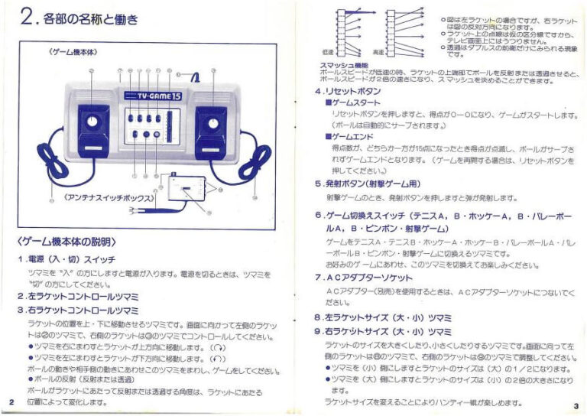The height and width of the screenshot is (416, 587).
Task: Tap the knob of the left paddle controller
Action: (x=92, y=122)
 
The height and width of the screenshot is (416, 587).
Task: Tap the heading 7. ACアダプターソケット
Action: (x=365, y=277)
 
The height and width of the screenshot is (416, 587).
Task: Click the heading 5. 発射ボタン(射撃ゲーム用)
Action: (x=367, y=184)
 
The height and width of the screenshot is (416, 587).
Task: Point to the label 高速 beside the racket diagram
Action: (x=377, y=52)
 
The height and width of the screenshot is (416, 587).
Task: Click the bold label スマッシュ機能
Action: (x=337, y=64)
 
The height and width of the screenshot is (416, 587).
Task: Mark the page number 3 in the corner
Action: (x=576, y=406)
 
